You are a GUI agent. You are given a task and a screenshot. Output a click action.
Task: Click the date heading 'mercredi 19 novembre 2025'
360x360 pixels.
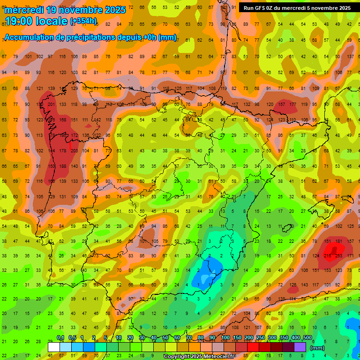tap(66, 10)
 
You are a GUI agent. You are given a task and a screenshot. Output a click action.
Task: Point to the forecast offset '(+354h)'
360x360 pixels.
tap(83, 21)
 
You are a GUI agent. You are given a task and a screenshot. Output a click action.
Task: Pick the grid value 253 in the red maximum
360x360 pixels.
tap(338, 256)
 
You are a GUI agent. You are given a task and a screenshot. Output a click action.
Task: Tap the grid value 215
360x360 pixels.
tap(327, 256)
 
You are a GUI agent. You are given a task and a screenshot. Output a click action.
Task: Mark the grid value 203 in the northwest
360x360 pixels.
tap(74, 150)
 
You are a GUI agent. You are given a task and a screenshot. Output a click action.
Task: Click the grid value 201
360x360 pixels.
tap(51, 104)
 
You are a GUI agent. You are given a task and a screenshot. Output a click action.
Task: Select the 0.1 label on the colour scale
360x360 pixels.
tap(60, 338)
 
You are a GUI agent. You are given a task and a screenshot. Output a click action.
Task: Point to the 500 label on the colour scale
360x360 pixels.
tap(307, 338)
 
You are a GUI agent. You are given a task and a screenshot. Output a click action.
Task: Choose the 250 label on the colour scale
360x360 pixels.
tap(261, 338)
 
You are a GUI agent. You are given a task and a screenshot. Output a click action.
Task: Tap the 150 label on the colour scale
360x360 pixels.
tap(237, 338)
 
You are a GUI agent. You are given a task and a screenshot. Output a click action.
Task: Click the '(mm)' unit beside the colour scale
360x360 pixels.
tap(318, 348)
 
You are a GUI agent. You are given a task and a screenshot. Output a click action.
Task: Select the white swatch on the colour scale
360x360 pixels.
tap(54, 347)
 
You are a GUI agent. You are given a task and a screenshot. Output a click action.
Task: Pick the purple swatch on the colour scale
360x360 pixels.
tap(300, 347)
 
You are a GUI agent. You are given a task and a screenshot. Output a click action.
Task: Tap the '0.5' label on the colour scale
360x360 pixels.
tap(72, 338)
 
